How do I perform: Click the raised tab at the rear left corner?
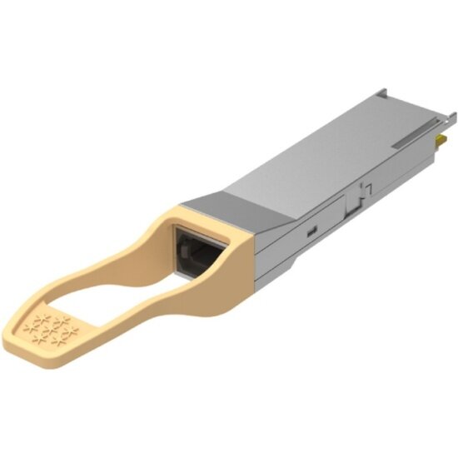[383, 92]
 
